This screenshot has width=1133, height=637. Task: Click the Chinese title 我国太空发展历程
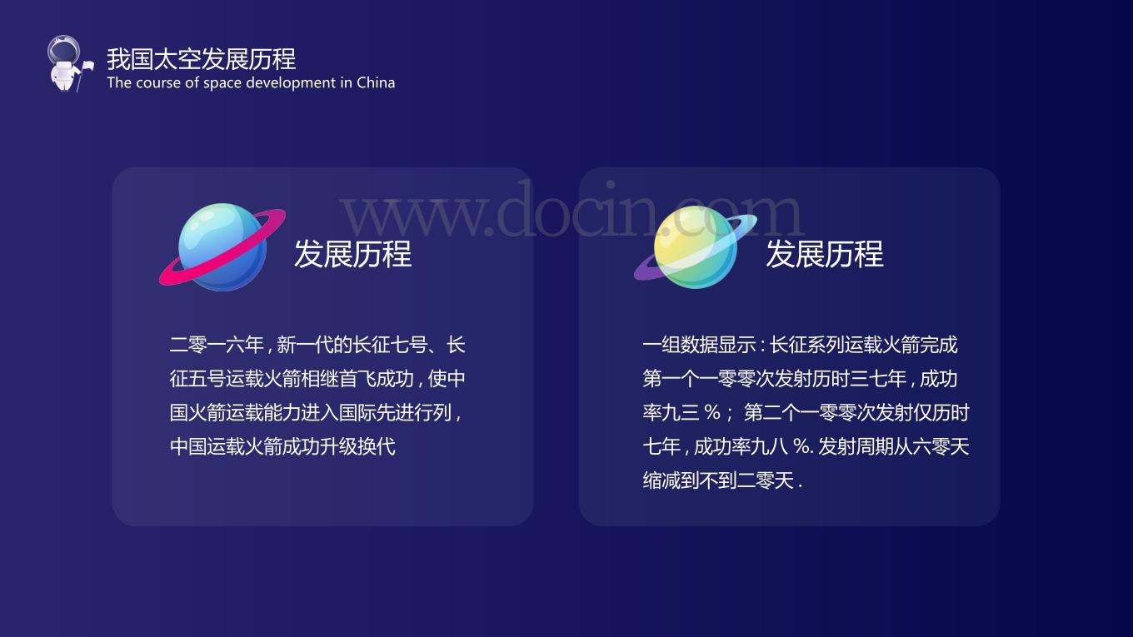pos(202,59)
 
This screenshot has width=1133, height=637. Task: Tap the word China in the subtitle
pos(376,82)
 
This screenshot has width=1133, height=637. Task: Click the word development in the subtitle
pos(289,83)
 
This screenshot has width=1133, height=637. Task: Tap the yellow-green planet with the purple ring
pos(696,247)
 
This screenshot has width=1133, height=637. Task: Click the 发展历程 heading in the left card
pos(353,254)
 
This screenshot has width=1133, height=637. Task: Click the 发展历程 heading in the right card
pos(825,254)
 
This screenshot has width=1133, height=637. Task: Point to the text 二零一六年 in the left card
pos(217,345)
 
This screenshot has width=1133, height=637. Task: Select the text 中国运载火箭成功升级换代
pos(282,446)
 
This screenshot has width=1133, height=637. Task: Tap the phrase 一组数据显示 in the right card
pos(699,345)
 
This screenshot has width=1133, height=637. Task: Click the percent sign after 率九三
pos(712,412)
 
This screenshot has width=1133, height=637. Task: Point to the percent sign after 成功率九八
pos(801,446)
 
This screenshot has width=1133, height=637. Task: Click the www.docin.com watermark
pos(571,210)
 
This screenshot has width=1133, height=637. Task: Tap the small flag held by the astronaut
pos(88,66)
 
